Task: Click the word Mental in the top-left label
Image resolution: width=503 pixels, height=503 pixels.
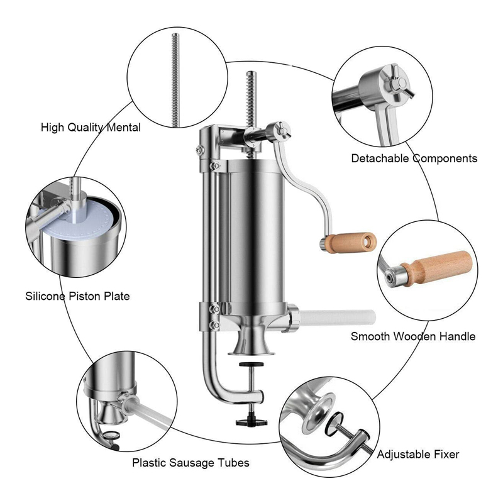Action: tap(123, 128)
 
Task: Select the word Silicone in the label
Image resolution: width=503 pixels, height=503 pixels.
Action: tap(45, 296)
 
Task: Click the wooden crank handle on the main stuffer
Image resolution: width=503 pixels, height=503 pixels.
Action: tap(351, 243)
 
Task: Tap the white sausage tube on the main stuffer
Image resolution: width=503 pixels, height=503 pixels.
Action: tap(337, 318)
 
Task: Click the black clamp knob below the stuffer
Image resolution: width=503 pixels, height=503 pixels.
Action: tap(251, 422)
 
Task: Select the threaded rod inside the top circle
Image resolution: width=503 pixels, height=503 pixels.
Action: tap(175, 80)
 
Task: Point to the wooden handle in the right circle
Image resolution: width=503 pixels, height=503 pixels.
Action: tap(437, 268)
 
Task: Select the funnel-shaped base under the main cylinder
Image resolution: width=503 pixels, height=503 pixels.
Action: tap(251, 343)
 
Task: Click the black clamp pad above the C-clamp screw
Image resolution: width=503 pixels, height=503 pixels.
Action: tap(251, 364)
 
